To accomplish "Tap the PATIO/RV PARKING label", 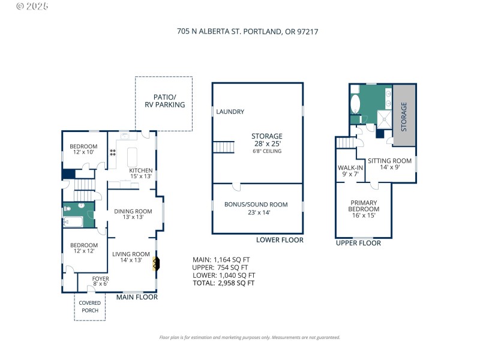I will [164, 101].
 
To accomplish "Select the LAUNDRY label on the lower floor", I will [230, 112].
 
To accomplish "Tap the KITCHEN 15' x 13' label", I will [141, 173].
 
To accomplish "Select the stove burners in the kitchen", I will [112, 154].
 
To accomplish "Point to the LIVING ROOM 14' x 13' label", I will [131, 257].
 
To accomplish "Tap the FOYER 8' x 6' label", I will [100, 281].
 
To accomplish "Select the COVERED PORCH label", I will [90, 307].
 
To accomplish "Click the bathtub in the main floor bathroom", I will [75, 222].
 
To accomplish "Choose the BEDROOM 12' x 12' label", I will [83, 248].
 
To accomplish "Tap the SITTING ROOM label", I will [389, 164].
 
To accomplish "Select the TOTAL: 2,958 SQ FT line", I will [223, 283].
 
